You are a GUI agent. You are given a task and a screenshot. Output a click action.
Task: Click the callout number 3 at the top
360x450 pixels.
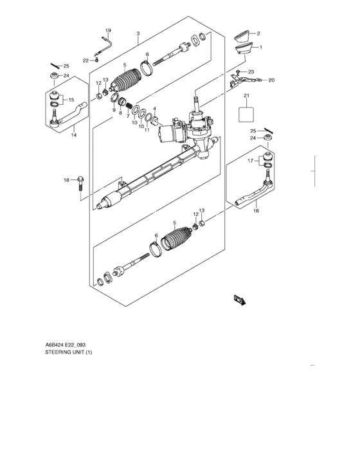pyautogui.click(x=138, y=33)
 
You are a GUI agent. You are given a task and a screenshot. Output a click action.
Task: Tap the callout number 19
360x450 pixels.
pyautogui.click(x=108, y=31)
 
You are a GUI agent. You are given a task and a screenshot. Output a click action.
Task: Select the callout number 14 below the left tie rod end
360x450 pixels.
pyautogui.click(x=73, y=136)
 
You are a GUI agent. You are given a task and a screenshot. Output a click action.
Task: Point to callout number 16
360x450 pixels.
pyautogui.click(x=256, y=210)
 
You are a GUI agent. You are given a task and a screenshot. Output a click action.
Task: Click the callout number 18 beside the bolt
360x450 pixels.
pyautogui.click(x=66, y=180)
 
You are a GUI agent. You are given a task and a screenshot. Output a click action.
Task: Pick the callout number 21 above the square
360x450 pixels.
pyautogui.click(x=246, y=96)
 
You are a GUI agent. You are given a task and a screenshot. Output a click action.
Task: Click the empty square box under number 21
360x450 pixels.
pyautogui.click(x=246, y=114)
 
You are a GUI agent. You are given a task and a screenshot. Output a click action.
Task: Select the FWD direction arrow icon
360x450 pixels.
pyautogui.click(x=239, y=299)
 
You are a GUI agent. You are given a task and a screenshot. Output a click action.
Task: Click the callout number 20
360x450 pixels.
pyautogui.click(x=271, y=80)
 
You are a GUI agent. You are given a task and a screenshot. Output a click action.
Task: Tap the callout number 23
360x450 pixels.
pyautogui.click(x=251, y=71)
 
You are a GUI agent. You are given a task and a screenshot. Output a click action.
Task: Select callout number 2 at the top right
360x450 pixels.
pyautogui.click(x=258, y=33)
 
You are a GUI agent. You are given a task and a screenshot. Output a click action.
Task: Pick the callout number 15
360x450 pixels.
pyautogui.click(x=71, y=100)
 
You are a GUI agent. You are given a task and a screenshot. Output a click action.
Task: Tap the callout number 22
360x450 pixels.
pyautogui.click(x=85, y=60)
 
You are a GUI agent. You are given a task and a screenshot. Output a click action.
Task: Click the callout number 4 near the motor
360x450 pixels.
pyautogui.click(x=154, y=109)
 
